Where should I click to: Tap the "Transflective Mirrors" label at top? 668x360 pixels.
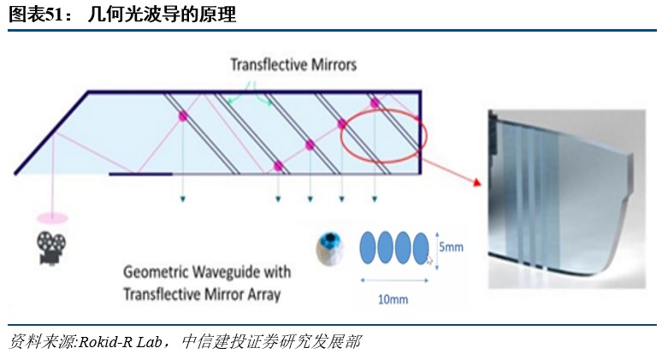pyautogui.click(x=293, y=64)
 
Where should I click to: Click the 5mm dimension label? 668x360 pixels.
pyautogui.click(x=452, y=247)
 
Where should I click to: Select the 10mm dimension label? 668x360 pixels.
pyautogui.click(x=393, y=298)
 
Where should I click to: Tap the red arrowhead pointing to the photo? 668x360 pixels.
pyautogui.click(x=475, y=186)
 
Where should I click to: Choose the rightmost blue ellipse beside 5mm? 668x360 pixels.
pyautogui.click(x=420, y=248)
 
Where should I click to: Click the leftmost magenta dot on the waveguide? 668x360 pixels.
pyautogui.click(x=182, y=115)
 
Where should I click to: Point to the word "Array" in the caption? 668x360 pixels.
pyautogui.click(x=262, y=295)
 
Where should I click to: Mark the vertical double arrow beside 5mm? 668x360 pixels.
pyautogui.click(x=436, y=247)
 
